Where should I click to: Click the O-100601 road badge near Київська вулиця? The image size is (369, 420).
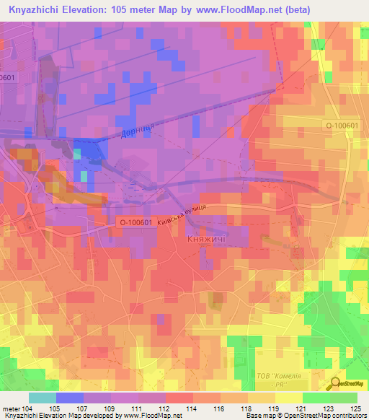(132, 224)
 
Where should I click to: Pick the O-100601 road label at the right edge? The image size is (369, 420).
(341, 126)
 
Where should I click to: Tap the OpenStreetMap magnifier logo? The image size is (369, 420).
(336, 383)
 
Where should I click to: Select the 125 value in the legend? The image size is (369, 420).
(355, 409)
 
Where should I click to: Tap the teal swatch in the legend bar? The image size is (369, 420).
(43, 398)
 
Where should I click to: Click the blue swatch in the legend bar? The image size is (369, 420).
(69, 398)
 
